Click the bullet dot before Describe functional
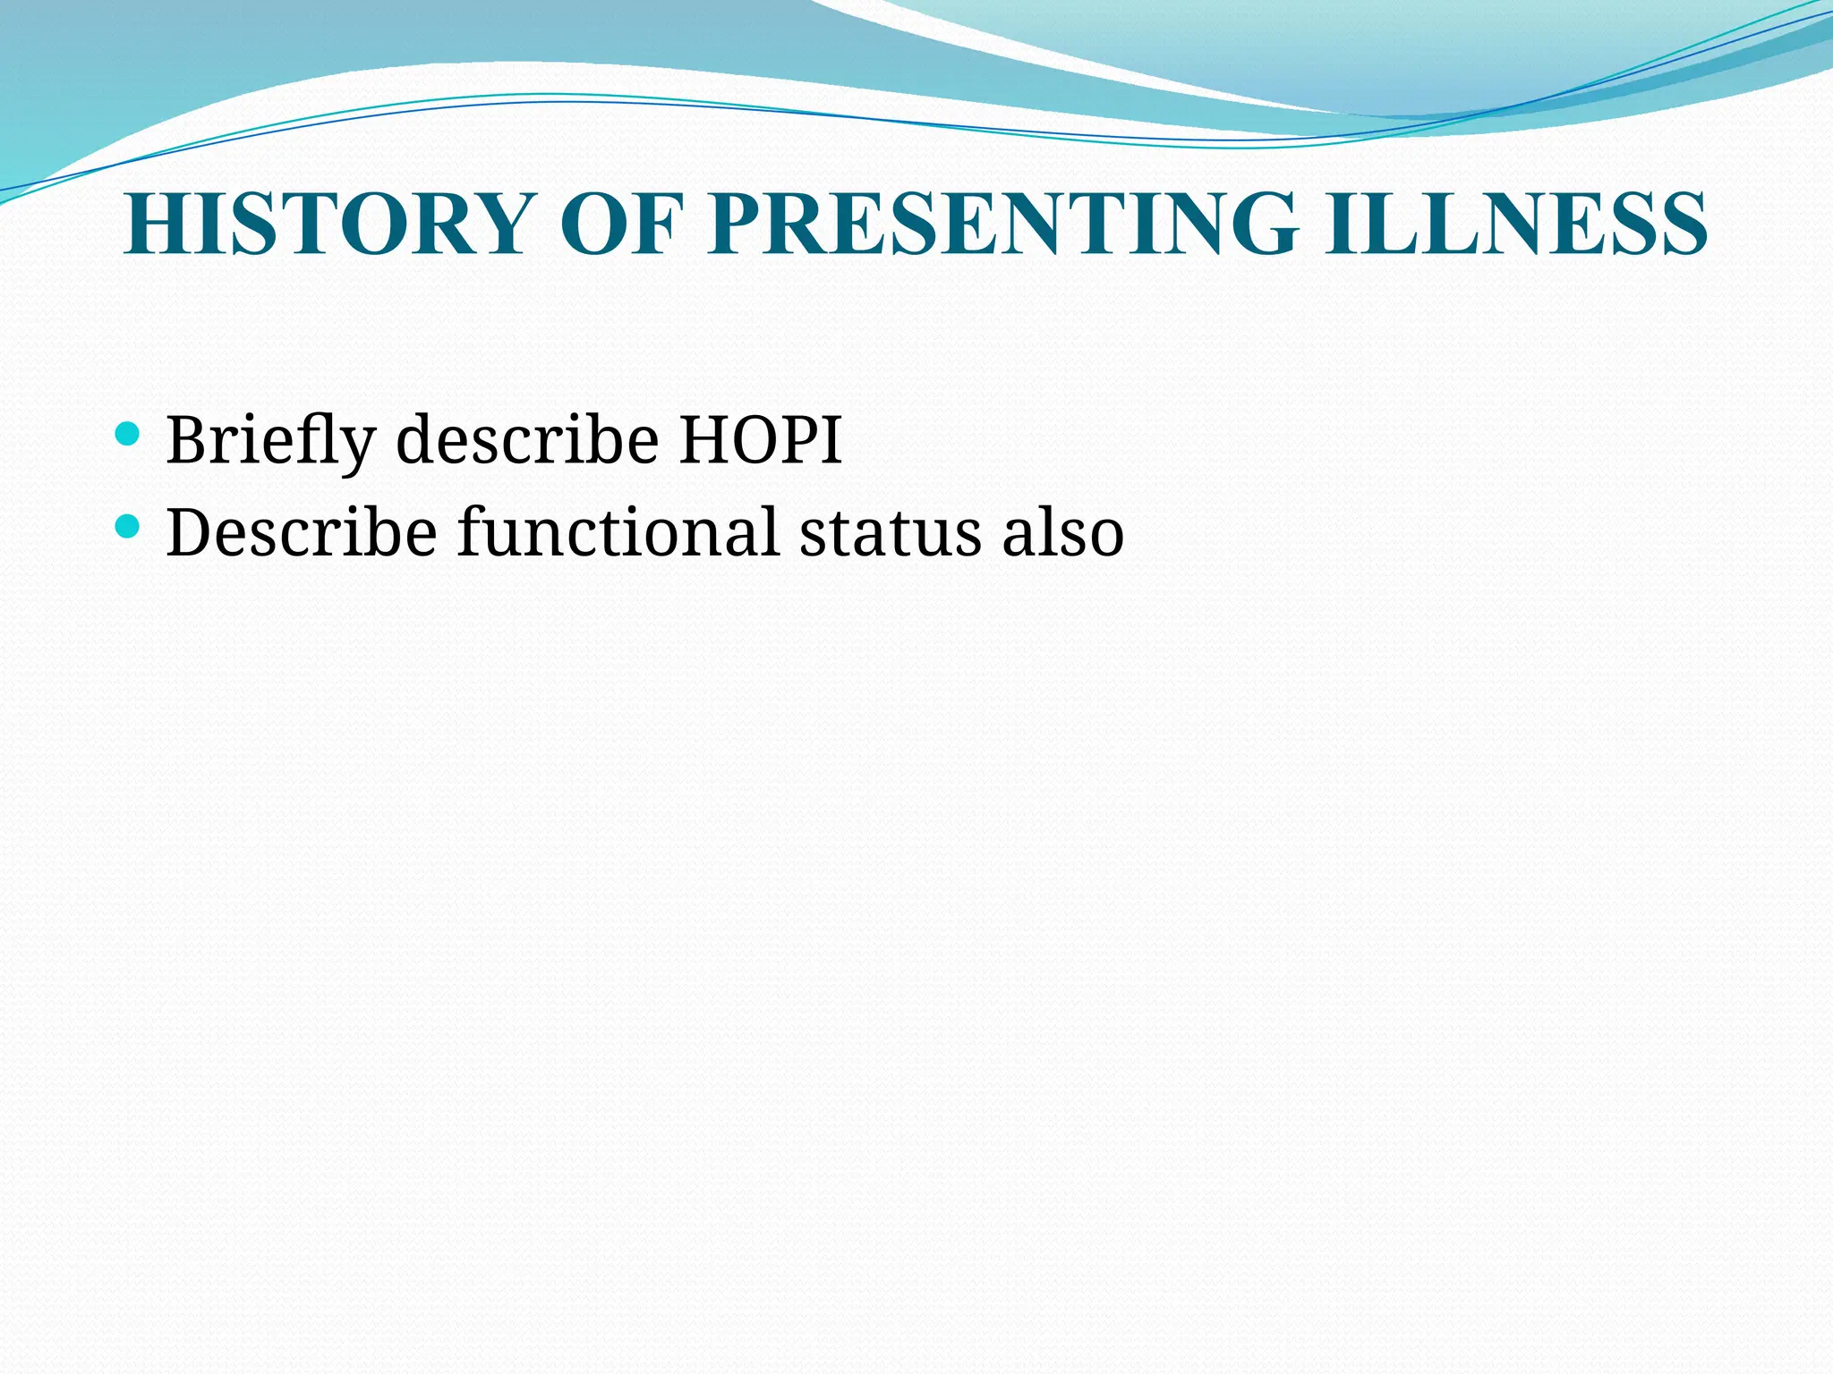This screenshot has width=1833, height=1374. coord(128,527)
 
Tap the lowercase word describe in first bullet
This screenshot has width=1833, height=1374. coord(527,440)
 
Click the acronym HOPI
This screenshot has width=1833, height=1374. coord(761,440)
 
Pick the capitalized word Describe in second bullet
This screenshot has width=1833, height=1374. coord(301,532)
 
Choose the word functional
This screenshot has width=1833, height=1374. coord(618,532)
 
